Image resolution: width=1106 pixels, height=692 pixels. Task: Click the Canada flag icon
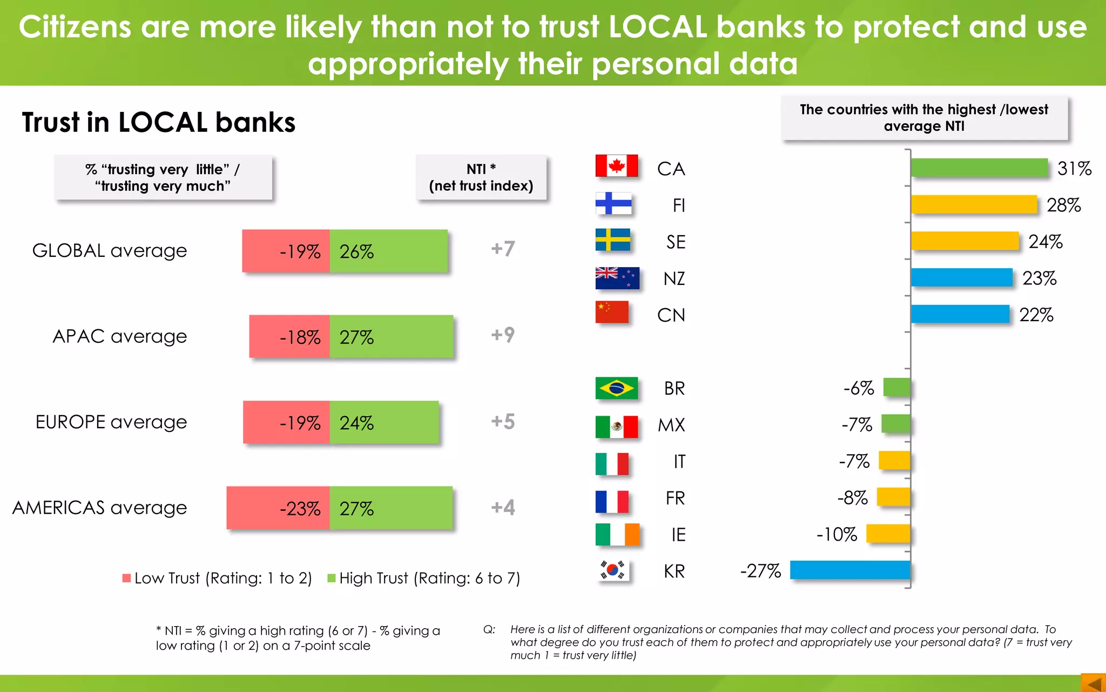pos(616,166)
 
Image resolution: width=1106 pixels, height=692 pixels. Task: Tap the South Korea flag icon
pos(613,570)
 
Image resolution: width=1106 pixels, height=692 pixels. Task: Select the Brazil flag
pos(616,388)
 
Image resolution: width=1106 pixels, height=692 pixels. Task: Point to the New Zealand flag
pos(617,278)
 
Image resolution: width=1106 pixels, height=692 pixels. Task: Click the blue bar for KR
pos(849,570)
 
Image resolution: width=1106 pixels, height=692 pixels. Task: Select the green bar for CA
pos(979,168)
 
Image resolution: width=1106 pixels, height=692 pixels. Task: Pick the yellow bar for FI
pos(974,204)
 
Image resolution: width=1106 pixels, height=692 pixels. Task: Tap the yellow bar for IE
pos(888,534)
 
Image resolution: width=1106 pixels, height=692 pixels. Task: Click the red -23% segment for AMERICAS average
pos(278,508)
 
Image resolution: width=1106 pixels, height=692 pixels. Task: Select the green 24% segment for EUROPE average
pos(384,422)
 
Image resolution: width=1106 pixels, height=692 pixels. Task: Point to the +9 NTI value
pos(503,335)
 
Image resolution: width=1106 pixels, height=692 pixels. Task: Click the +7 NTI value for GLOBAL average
pos(503,249)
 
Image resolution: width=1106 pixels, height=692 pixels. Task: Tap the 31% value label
pos(1074,169)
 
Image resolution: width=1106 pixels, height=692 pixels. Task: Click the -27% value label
pos(760,571)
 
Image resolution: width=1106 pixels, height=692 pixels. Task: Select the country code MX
pos(671,425)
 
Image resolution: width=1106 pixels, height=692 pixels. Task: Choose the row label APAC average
pos(119,336)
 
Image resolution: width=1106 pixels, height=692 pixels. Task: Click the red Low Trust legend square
pos(127,578)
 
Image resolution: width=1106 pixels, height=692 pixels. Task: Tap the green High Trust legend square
pos(332,578)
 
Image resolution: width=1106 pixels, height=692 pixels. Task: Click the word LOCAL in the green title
pos(658,26)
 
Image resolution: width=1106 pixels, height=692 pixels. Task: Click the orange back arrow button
pos(1094,683)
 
